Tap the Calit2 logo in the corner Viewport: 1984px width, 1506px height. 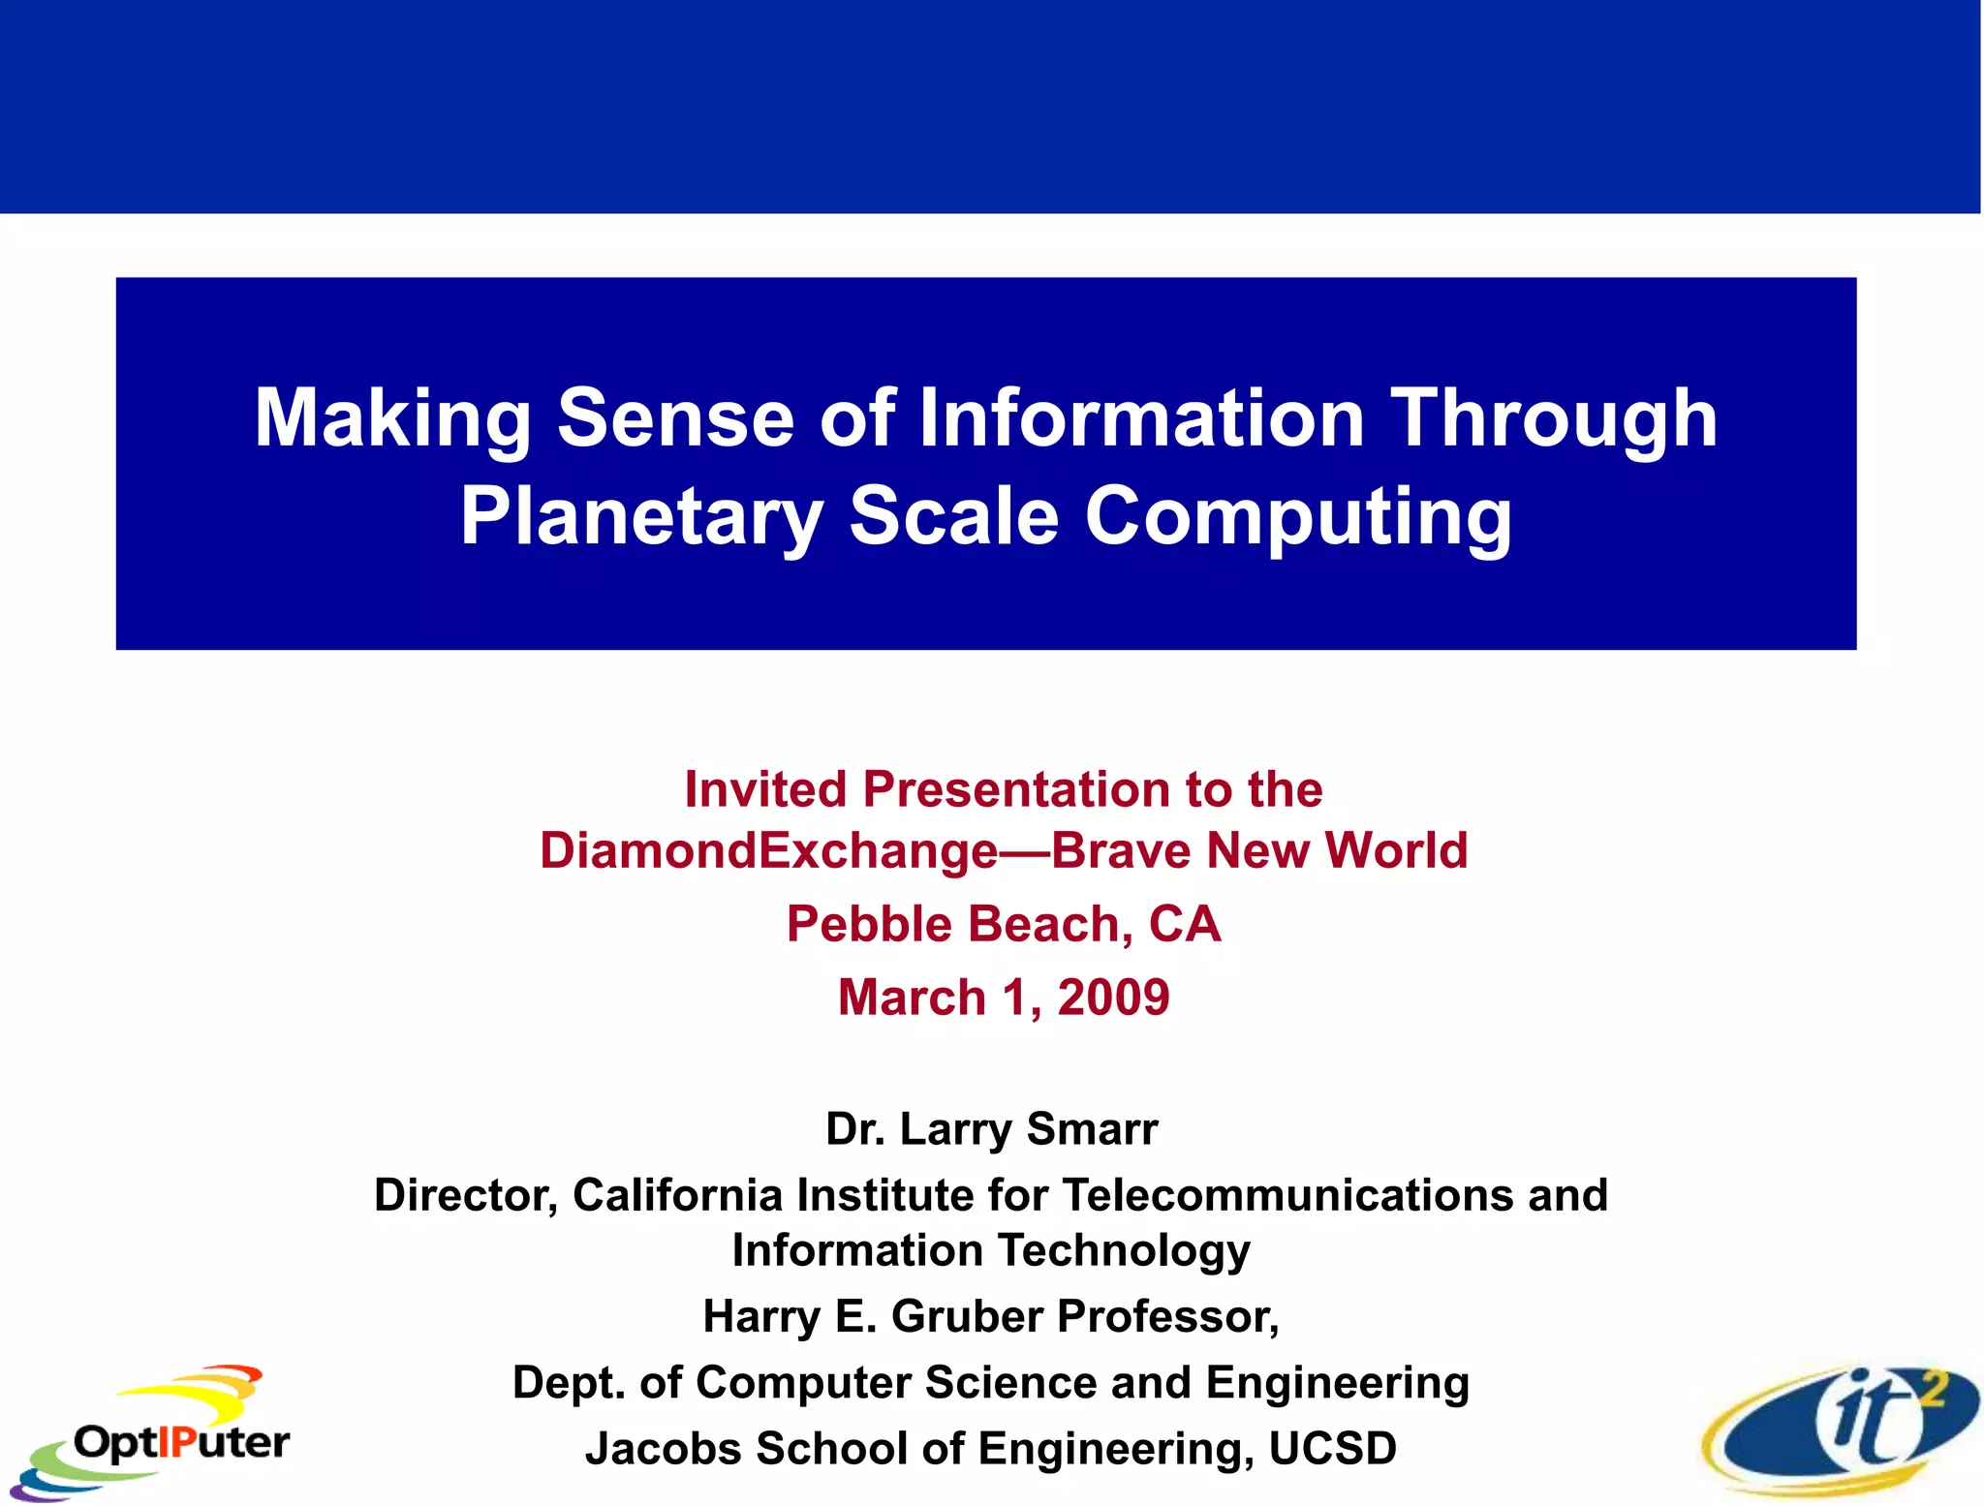(x=1841, y=1429)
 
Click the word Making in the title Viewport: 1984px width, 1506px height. (x=391, y=418)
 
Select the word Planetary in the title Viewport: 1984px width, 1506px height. (x=641, y=516)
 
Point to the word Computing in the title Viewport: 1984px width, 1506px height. (x=1298, y=516)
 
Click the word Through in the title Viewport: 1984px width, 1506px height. (x=1554, y=418)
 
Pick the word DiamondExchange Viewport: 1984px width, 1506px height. (x=768, y=851)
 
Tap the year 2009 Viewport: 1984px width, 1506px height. (x=1113, y=998)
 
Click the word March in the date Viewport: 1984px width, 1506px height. (x=912, y=998)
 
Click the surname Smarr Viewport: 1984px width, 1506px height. (x=1092, y=1129)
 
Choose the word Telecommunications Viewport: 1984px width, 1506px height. (x=1288, y=1195)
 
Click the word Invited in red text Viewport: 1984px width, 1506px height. (x=765, y=789)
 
